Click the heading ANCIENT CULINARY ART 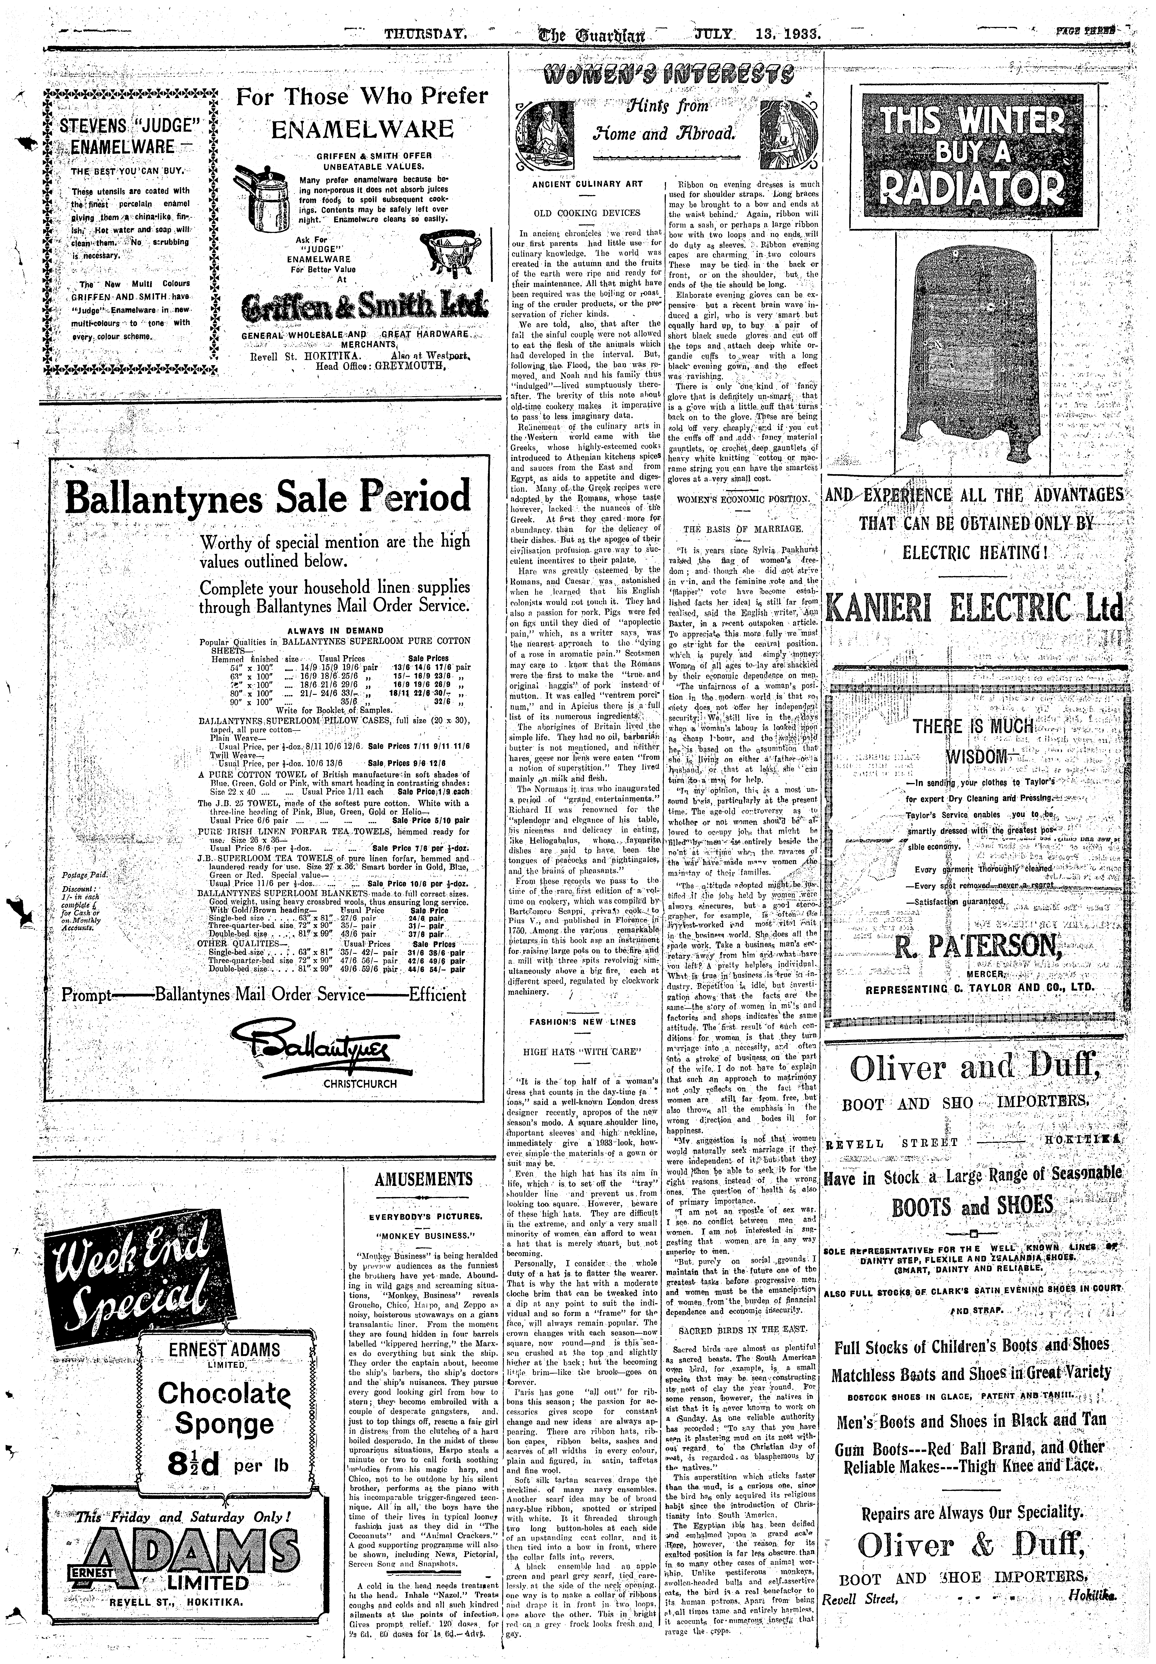pos(587,184)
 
